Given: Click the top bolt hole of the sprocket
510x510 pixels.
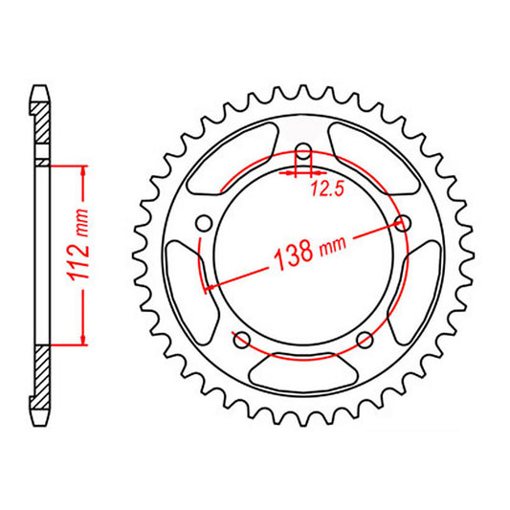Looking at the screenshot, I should coord(303,154).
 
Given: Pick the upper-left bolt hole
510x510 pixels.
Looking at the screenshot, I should coord(203,223).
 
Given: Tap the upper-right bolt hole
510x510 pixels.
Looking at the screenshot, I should coord(403,223).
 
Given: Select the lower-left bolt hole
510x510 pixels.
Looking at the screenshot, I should coord(241,340).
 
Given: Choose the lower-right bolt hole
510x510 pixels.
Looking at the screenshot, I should coord(364,340).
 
